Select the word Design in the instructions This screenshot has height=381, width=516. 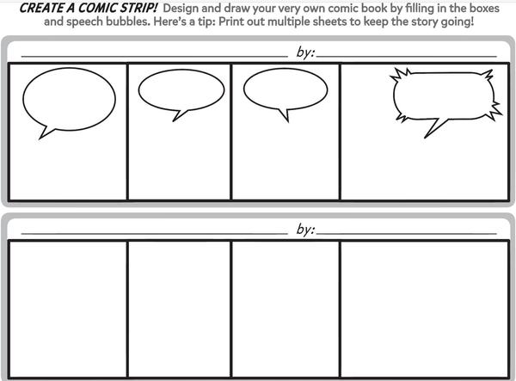(x=181, y=9)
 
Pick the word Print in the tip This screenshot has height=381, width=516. (x=230, y=22)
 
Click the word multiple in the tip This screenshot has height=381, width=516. (x=285, y=22)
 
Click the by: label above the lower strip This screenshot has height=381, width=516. (x=305, y=230)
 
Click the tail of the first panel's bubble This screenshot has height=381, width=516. (x=46, y=132)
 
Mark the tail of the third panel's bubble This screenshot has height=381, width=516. (x=285, y=115)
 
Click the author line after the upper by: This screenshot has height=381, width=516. (x=407, y=57)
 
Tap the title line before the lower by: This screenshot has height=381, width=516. (x=154, y=234)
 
